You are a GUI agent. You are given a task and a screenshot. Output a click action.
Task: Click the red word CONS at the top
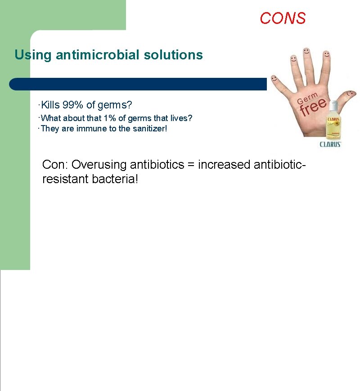[283, 18]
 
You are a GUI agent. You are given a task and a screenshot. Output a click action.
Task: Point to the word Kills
[50, 105]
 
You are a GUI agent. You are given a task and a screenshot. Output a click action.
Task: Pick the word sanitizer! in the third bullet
[149, 129]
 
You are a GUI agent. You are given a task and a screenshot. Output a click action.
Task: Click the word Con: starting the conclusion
[55, 165]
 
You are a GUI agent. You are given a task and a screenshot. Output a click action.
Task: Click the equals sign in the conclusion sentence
[191, 165]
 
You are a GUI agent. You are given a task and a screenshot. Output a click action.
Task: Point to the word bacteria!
[115, 179]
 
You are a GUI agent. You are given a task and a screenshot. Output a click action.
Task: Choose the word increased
[224, 165]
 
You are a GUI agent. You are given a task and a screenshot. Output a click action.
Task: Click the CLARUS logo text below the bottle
[330, 144]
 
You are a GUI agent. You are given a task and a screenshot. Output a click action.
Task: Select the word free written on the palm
[313, 107]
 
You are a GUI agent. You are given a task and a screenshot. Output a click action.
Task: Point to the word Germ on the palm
[307, 98]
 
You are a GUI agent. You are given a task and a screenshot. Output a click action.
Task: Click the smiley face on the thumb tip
[350, 94]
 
